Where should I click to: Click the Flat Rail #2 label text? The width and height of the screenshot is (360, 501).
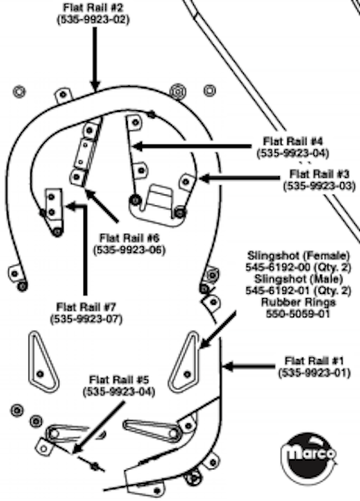point(93,8)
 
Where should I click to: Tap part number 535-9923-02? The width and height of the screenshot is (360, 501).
point(93,20)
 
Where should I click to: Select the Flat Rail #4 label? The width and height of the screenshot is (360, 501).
point(293,141)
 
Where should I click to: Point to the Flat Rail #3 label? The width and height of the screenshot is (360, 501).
point(319,175)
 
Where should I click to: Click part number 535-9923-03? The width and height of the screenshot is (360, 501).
point(319,186)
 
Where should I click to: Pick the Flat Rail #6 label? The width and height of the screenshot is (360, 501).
point(129,238)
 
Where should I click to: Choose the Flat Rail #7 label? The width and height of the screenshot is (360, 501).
point(86,307)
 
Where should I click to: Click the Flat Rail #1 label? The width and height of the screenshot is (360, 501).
point(314,361)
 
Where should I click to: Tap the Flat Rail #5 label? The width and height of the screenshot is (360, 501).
point(119,380)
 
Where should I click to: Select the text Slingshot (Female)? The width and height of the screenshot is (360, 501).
point(299,256)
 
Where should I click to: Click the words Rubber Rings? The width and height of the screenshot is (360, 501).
point(298,302)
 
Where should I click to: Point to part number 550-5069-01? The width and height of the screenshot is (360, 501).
point(298,314)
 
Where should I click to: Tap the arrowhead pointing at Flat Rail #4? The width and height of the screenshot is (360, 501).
point(138,147)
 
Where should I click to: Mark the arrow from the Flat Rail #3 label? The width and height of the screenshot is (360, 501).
point(239,178)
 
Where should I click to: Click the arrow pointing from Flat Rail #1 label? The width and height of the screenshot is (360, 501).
point(248,367)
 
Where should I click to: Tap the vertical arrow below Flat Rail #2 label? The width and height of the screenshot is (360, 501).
point(94,59)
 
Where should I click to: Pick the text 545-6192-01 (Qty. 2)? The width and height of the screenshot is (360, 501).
point(298,291)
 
